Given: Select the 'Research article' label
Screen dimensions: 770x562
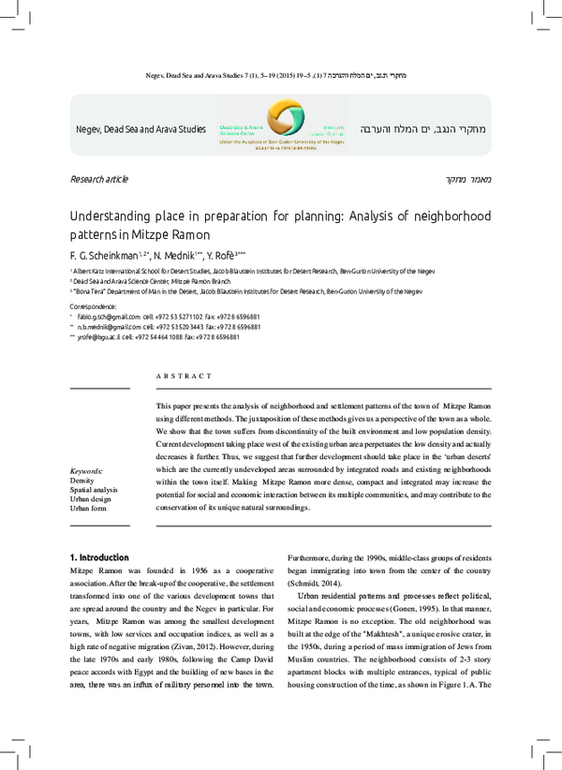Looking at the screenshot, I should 98,179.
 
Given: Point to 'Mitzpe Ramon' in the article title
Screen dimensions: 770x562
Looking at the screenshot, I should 175,234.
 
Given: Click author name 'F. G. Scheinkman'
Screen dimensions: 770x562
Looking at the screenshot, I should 103,255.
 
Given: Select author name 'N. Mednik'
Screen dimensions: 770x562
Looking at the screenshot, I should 173,255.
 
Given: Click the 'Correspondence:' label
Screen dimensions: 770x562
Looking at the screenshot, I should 94,306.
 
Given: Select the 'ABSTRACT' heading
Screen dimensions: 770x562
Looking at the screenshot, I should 184,376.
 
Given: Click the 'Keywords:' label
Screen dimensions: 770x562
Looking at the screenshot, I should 87,470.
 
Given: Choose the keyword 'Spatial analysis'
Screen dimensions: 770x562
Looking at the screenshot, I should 94,490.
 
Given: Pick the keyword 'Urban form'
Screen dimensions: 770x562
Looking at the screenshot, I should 89,509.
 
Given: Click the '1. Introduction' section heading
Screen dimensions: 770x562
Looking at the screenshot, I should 106,558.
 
